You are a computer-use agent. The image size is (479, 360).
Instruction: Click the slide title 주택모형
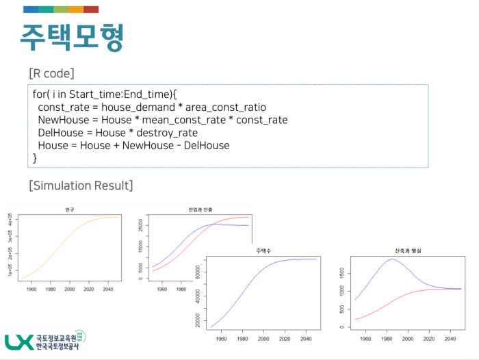(x=71, y=38)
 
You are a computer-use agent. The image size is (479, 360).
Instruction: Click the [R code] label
(x=51, y=73)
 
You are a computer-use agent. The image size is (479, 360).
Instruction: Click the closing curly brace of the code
(x=35, y=158)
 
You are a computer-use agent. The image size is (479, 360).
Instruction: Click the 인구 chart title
(x=69, y=209)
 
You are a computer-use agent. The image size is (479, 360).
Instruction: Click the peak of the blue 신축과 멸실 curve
(x=392, y=259)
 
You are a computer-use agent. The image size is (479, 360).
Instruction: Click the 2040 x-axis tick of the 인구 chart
(x=108, y=289)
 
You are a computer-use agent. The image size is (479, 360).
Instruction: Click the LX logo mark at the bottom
(x=18, y=342)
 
